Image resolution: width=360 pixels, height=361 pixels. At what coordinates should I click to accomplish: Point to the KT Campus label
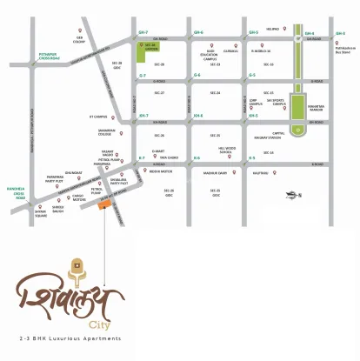[x=109, y=117]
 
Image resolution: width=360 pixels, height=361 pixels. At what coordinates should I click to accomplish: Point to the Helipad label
[x=272, y=29]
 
